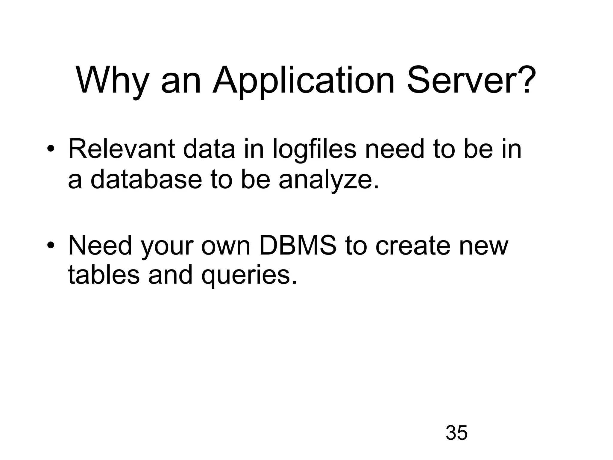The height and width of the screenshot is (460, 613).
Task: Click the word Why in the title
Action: tap(113, 80)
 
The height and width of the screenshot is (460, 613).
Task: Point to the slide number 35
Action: tap(456, 432)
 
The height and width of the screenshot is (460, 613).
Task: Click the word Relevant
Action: tap(122, 149)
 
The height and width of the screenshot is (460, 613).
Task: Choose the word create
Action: tap(413, 246)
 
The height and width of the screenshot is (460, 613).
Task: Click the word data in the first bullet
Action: tap(209, 149)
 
